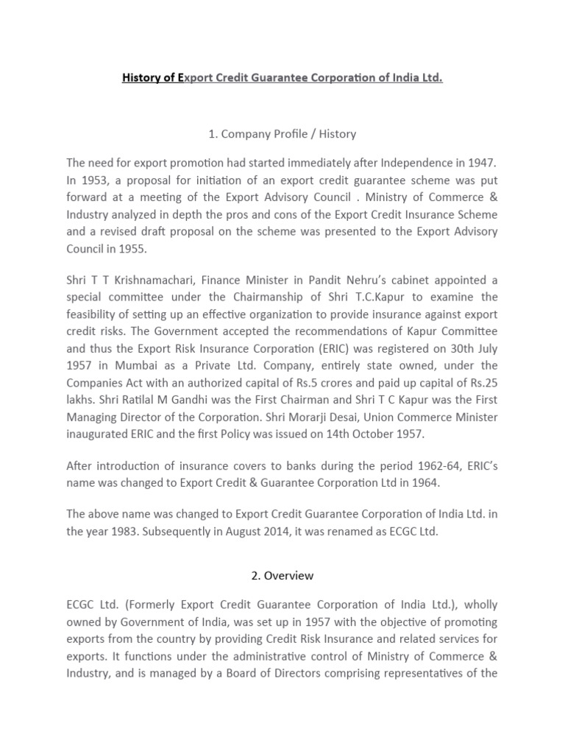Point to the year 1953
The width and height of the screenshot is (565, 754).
(x=91, y=179)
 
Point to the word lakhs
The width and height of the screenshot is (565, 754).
(x=81, y=400)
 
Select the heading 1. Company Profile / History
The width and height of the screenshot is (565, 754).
(x=282, y=133)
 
